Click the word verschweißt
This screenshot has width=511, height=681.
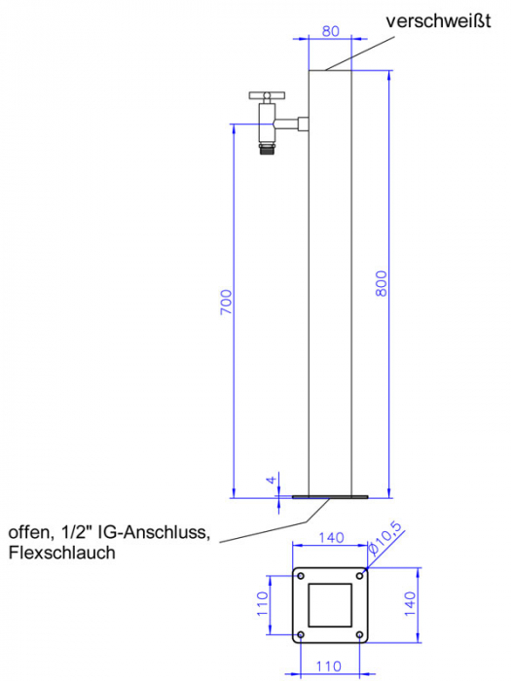point(438,20)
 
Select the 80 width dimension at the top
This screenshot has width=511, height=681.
point(331,31)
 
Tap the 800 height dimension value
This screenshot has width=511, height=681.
point(381,284)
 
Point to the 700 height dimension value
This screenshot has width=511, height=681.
point(226,303)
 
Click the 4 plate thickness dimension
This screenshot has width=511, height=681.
point(272,480)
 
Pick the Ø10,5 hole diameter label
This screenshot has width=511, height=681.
point(385,538)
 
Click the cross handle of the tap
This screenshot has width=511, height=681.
point(267,95)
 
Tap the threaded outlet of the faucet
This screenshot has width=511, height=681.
point(267,149)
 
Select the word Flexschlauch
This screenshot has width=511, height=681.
point(62,553)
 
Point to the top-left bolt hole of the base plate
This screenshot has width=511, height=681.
point(301,576)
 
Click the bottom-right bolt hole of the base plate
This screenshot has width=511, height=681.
point(359,635)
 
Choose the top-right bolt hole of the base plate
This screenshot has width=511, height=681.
point(359,576)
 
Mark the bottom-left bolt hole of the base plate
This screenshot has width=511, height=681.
point(301,635)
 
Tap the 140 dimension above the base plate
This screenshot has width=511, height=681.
point(331,538)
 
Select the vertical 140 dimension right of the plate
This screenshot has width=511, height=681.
point(410,604)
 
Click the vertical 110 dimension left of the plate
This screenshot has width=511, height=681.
point(263,604)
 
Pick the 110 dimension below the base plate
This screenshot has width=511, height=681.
point(329,666)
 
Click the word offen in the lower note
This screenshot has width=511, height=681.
point(28,532)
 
